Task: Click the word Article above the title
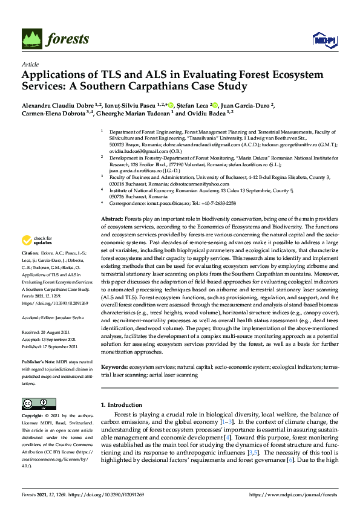tap(30, 63)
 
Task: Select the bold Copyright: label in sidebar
tap(32, 417)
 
